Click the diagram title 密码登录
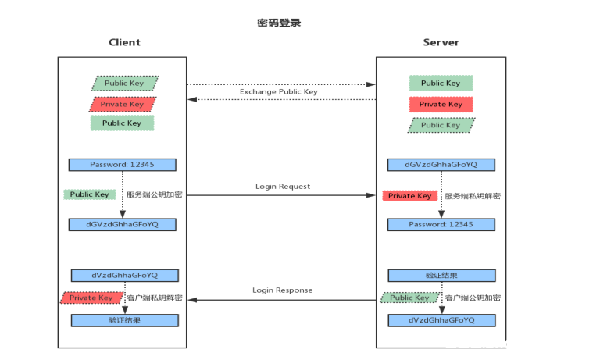click(279, 23)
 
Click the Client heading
click(124, 42)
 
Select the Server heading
click(441, 42)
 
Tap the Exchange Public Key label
click(278, 92)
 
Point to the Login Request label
click(282, 187)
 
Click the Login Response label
click(282, 290)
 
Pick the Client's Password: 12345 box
click(123, 165)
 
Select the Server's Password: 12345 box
click(441, 224)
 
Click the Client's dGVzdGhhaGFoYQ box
click(123, 224)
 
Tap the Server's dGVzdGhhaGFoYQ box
click(441, 165)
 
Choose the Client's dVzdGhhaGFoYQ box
click(125, 276)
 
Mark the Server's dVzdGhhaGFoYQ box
click(441, 320)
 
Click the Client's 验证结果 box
click(125, 320)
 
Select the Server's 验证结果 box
click(441, 276)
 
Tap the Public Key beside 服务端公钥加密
click(89, 194)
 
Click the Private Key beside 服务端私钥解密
click(409, 196)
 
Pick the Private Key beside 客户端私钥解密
click(91, 298)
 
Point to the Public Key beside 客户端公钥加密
click(409, 298)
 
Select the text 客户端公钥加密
click(473, 298)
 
